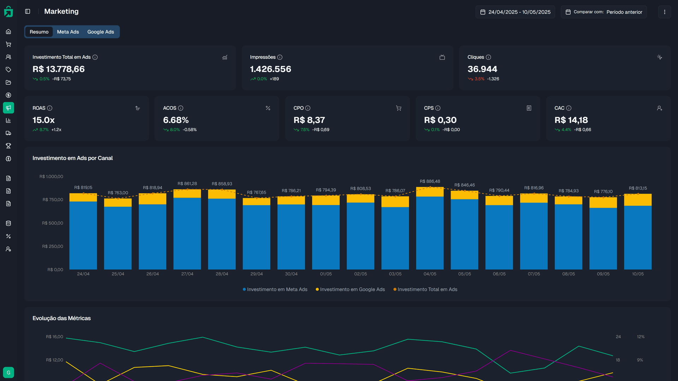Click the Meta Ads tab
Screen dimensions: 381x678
[x=68, y=32]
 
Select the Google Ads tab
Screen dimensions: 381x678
[x=101, y=32]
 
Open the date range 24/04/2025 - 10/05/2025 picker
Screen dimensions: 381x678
[x=515, y=12]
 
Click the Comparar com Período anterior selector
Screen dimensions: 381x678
[x=604, y=12]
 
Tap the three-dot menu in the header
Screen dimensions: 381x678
[x=665, y=12]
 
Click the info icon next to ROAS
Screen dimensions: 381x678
[x=50, y=108]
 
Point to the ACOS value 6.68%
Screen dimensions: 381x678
[x=176, y=120]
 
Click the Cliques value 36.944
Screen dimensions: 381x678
[x=482, y=69]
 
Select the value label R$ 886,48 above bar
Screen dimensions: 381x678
[x=430, y=181]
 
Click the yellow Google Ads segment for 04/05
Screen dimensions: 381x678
[x=430, y=192]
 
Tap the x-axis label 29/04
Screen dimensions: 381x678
[x=256, y=274]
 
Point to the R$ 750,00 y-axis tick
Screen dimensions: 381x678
[x=53, y=200]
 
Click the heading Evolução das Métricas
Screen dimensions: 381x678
[x=61, y=318]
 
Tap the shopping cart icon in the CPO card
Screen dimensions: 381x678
[x=399, y=108]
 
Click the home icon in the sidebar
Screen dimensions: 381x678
[x=8, y=31]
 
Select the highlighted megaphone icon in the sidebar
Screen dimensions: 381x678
[x=8, y=108]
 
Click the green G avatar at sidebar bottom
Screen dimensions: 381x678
[x=8, y=373]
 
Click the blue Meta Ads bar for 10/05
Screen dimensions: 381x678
[x=638, y=238]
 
